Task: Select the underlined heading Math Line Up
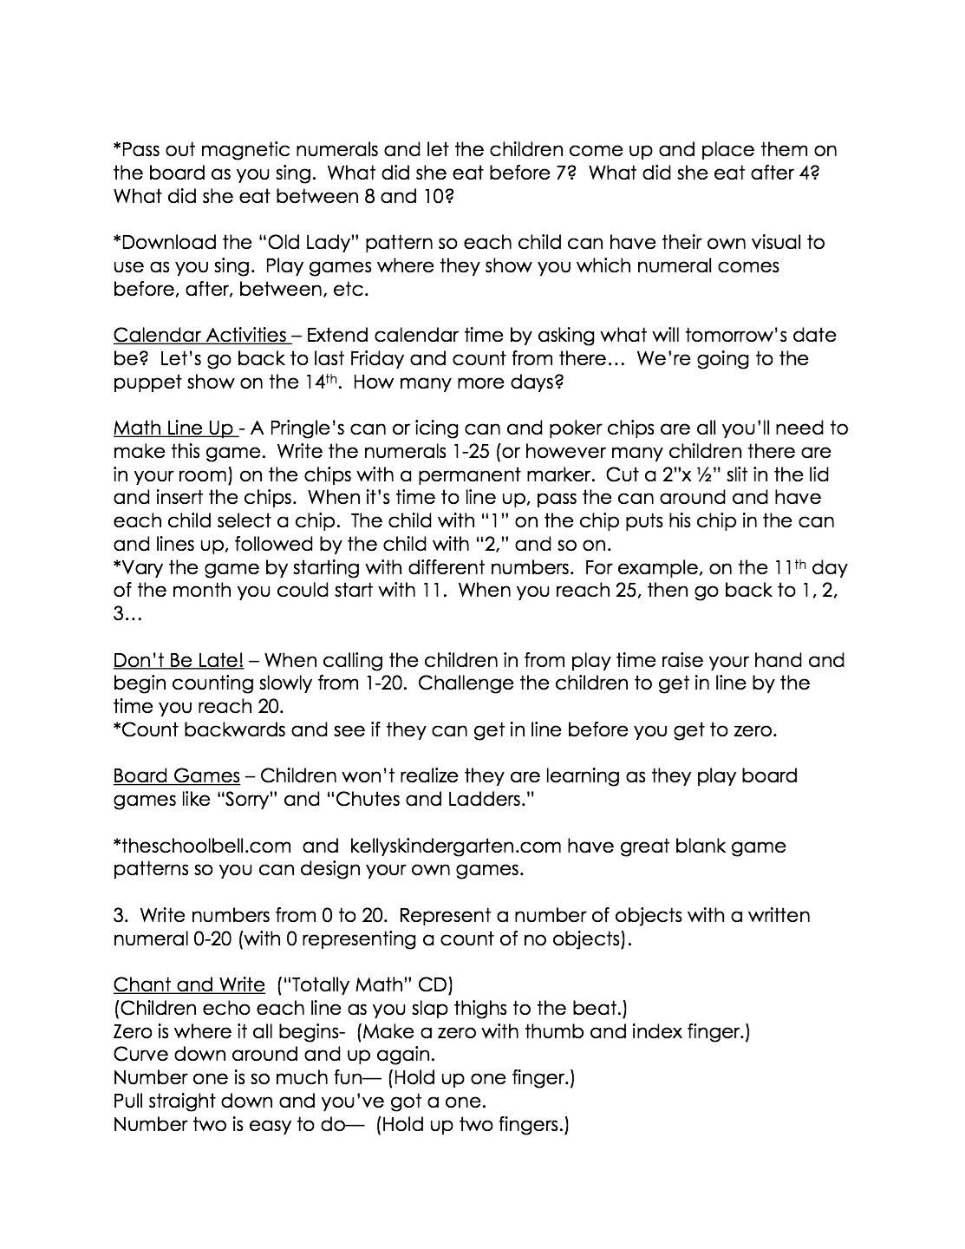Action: click(x=173, y=428)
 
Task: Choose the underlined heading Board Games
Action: click(x=176, y=775)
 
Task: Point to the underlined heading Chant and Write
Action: click(x=188, y=984)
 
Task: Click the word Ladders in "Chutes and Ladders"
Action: click(x=486, y=799)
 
